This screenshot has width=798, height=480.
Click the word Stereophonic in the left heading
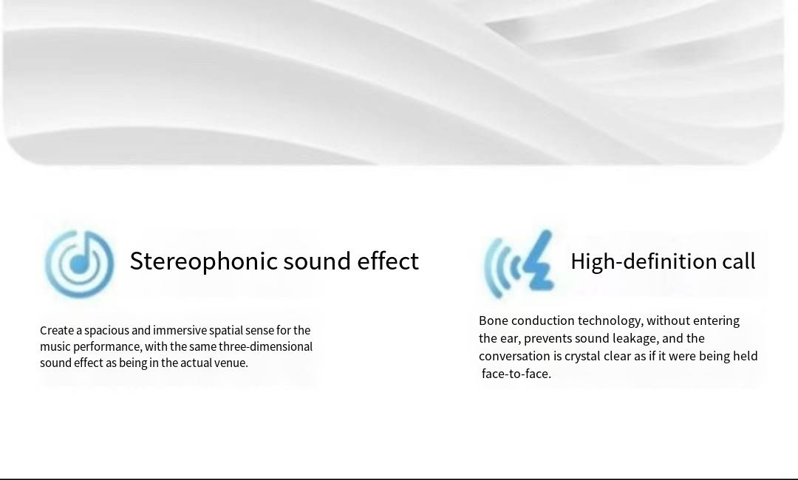(204, 261)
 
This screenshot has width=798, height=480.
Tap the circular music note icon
(79, 264)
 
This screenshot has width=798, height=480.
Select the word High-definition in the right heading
(644, 261)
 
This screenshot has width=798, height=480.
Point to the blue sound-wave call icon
(519, 264)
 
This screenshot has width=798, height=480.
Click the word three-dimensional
(266, 346)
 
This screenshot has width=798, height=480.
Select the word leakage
(635, 339)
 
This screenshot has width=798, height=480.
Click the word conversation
(514, 356)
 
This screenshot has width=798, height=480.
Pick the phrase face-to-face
(516, 374)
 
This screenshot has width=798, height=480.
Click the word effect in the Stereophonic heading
(388, 261)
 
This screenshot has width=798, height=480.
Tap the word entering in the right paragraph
(716, 321)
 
